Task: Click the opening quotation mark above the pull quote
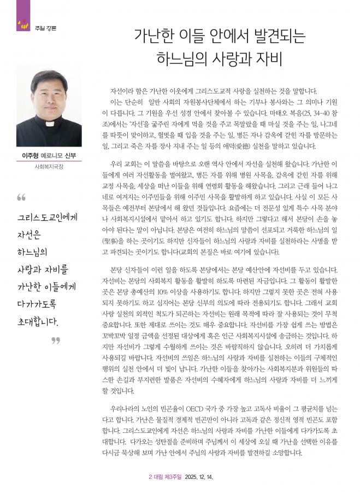pyautogui.click(x=21, y=197)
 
